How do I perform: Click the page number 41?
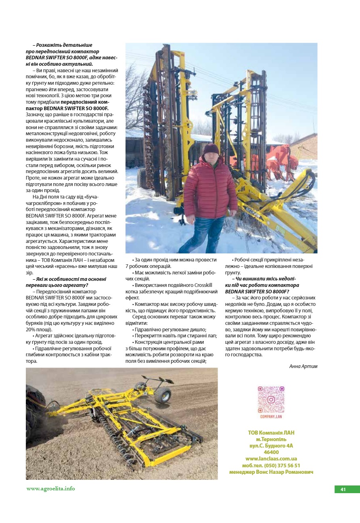click(x=343, y=490)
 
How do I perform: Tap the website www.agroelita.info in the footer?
click(x=51, y=489)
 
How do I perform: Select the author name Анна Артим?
click(x=303, y=366)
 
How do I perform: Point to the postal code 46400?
click(x=271, y=452)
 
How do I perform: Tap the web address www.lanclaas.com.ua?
click(x=271, y=459)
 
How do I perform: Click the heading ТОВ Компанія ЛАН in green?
click(x=271, y=433)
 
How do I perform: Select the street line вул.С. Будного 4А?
click(x=271, y=446)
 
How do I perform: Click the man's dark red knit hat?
click(x=211, y=149)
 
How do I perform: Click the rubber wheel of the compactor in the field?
click(x=162, y=395)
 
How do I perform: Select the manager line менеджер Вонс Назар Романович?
click(x=271, y=472)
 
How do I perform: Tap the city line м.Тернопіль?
click(x=271, y=439)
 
